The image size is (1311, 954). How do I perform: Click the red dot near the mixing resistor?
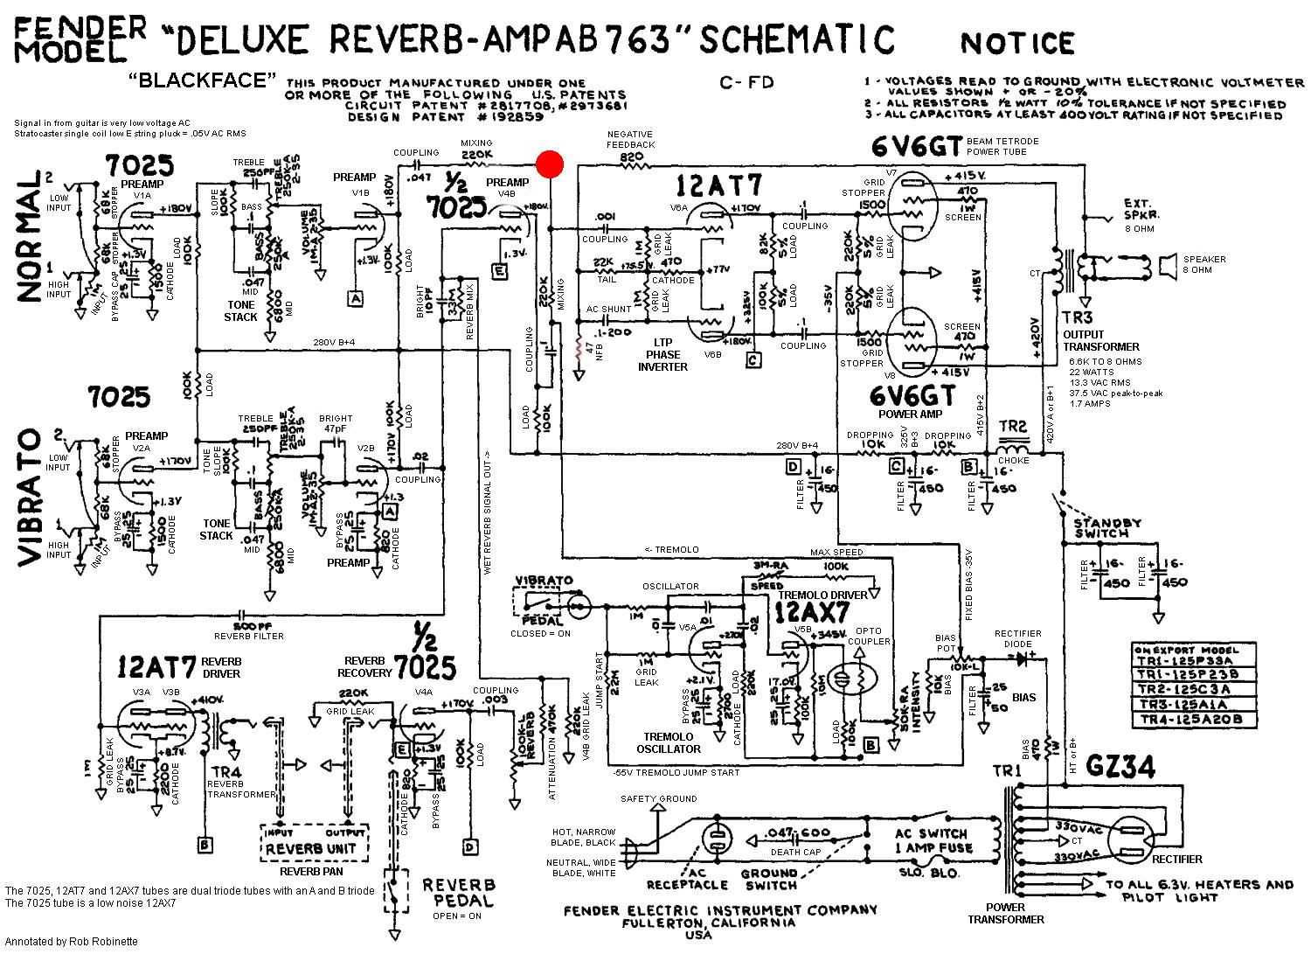[550, 164]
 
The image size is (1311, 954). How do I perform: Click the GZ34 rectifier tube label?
[1120, 767]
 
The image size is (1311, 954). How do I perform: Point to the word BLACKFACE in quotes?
[197, 80]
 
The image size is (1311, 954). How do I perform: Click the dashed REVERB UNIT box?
[317, 841]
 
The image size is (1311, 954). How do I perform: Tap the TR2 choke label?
[1013, 427]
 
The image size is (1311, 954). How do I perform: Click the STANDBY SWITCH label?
[1107, 528]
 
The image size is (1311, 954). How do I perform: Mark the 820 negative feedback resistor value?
[631, 158]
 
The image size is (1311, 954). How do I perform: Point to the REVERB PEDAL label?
[459, 893]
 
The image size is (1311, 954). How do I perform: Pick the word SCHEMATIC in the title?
[799, 39]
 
